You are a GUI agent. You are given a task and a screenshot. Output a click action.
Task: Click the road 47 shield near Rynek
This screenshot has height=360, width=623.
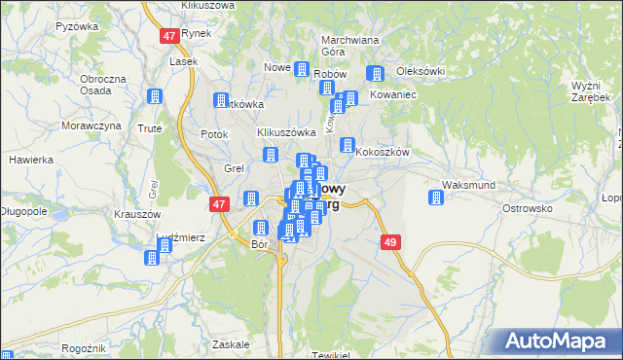pos(169,36)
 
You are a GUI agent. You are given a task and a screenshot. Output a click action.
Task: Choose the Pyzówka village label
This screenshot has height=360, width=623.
pos(79,26)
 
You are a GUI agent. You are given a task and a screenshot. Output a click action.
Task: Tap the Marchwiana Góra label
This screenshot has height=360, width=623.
pos(349,47)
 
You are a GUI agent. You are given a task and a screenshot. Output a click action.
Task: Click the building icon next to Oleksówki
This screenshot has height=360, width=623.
pos(375,74)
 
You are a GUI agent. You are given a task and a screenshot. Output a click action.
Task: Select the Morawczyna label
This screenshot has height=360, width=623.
pos(91,126)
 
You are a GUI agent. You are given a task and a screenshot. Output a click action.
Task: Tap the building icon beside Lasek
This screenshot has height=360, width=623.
pos(153,96)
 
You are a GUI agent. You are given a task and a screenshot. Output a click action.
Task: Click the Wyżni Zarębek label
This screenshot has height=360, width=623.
pos(591,92)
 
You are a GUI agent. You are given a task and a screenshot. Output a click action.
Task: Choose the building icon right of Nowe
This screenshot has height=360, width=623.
pos(301,70)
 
